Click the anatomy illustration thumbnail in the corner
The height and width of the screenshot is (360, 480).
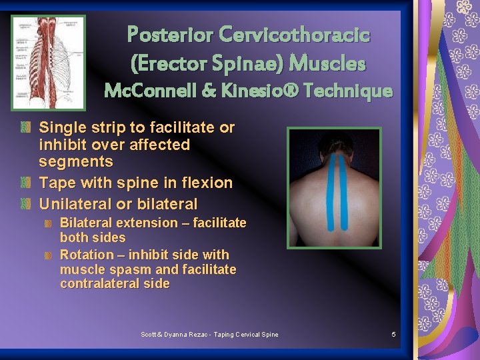(x=49, y=62)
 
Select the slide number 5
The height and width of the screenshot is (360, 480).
(x=394, y=334)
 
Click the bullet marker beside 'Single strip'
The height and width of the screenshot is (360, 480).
(x=26, y=127)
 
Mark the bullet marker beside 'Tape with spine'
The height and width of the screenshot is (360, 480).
(x=26, y=183)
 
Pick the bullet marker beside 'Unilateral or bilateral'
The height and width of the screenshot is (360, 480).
(x=26, y=204)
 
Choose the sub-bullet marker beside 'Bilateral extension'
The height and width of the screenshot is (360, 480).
(x=49, y=223)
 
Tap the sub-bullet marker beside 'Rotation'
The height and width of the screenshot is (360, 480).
(x=49, y=255)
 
